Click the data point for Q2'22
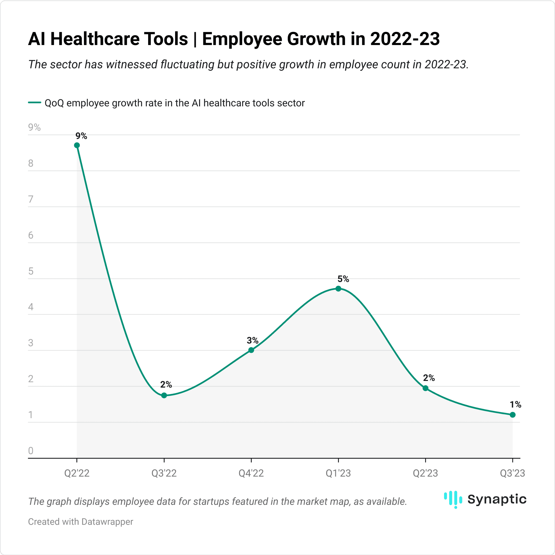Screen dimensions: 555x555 pos(77,145)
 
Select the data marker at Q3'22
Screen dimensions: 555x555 pos(164,396)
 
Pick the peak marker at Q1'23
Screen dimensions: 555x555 pos(338,289)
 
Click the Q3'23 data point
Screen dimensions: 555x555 pos(512,415)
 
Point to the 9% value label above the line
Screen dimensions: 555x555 pos(81,136)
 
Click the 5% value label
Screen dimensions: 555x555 pos(343,279)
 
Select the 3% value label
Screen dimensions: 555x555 pos(252,340)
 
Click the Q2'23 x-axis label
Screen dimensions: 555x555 pos(425,473)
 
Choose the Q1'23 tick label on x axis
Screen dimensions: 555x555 pos(338,473)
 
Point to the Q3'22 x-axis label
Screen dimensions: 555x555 pos(164,473)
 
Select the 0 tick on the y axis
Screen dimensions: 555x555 pos(31,451)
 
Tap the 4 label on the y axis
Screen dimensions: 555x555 pos(31,307)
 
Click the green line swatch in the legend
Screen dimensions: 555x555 pos(35,102)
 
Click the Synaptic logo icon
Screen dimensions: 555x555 pos(453,499)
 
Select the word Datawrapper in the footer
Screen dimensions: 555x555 pos(107,522)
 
